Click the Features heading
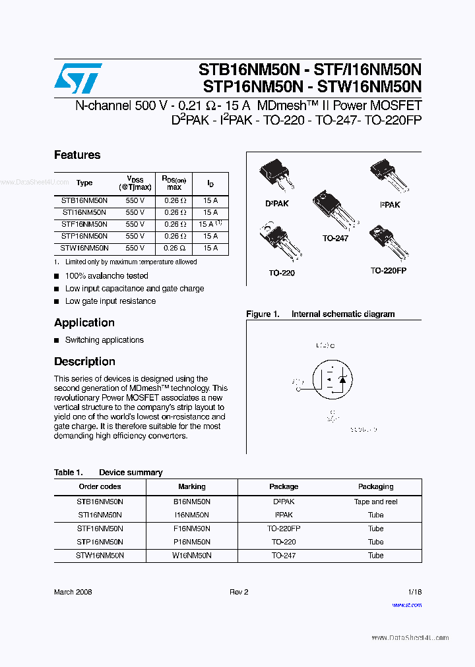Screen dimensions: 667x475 [77, 155]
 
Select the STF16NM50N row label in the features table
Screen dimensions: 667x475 [84, 224]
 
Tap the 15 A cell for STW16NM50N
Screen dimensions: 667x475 [210, 248]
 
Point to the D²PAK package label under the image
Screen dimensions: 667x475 [276, 204]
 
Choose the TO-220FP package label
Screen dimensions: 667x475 [388, 271]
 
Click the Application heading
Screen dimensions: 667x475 [84, 322]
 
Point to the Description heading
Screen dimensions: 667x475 [84, 361]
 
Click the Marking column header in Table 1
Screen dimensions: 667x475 [192, 486]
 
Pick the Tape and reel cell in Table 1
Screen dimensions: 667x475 [375, 502]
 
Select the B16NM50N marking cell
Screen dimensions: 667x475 [192, 502]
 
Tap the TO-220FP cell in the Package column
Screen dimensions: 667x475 [284, 529]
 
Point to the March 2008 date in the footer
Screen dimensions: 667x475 [73, 592]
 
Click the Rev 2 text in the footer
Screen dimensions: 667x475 [239, 592]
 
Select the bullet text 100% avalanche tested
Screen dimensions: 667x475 [107, 275]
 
